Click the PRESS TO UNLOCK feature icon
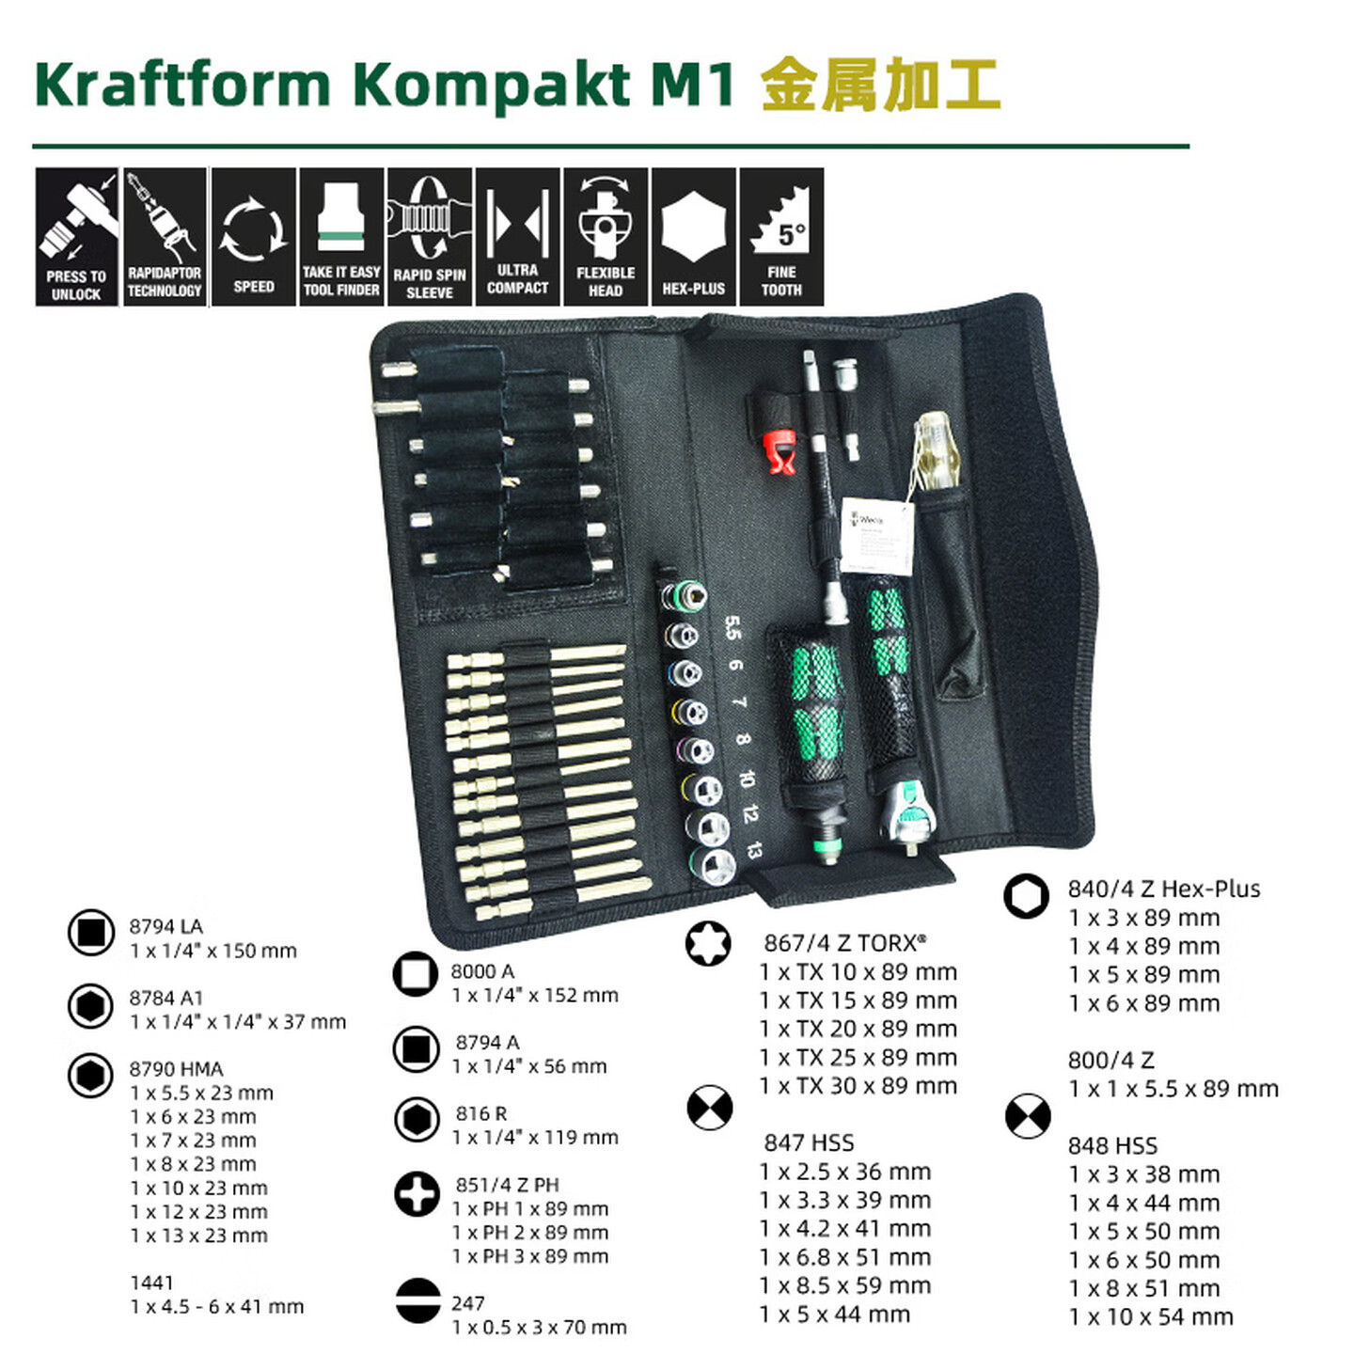pos(77,237)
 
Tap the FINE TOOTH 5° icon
pos(781,237)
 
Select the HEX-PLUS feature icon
pos(693,237)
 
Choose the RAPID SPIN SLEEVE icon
pos(429,237)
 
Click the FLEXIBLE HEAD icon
pos(606,237)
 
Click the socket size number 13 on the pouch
pos(753,849)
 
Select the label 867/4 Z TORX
pos(844,942)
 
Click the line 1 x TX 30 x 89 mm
pos(858,1086)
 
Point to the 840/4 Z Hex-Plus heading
pos(1163,889)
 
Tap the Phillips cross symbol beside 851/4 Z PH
pos(417,1194)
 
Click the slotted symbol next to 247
pos(417,1301)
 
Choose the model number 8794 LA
pos(165,926)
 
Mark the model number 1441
pos(151,1283)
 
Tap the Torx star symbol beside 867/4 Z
pos(709,943)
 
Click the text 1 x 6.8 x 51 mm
pos(844,1257)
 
